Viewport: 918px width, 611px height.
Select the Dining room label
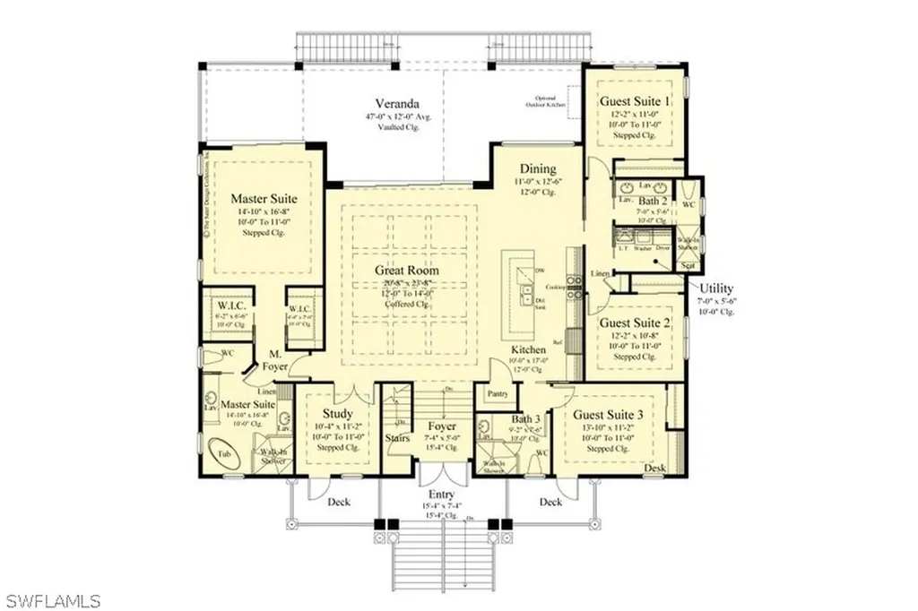coord(537,168)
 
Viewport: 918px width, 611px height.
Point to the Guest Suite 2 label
coord(635,322)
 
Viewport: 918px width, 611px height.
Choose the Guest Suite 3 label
coord(609,415)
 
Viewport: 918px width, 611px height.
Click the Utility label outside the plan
coord(716,288)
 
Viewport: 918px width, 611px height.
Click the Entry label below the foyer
coord(442,495)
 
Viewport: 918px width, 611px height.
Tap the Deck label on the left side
coord(338,502)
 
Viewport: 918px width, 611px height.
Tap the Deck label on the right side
coord(550,502)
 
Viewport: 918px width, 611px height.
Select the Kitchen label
coord(529,349)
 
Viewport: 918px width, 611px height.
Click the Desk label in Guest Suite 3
coord(654,468)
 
